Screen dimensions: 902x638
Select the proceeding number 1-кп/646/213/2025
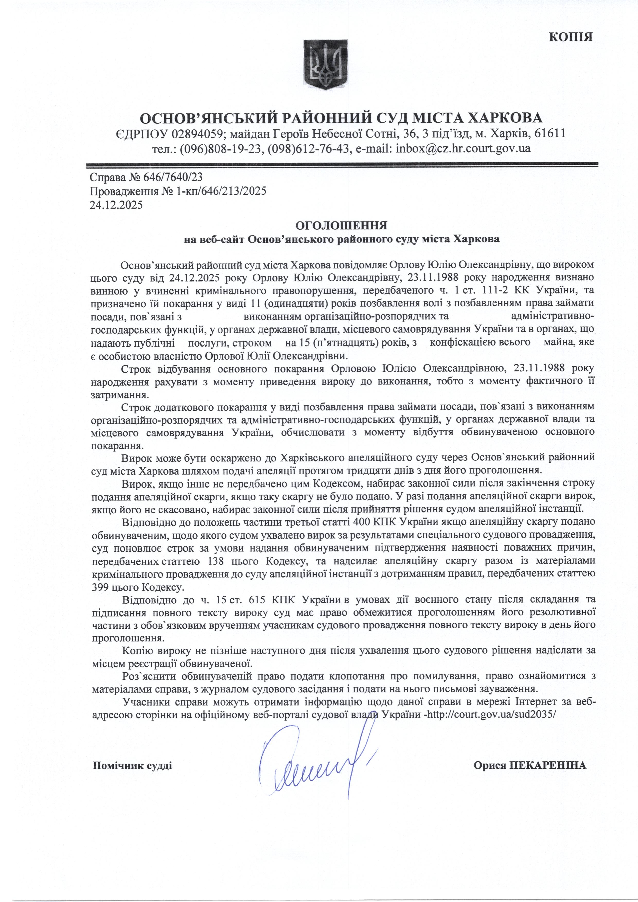(x=221, y=191)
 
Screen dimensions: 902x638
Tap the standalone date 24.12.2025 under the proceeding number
(x=116, y=205)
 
